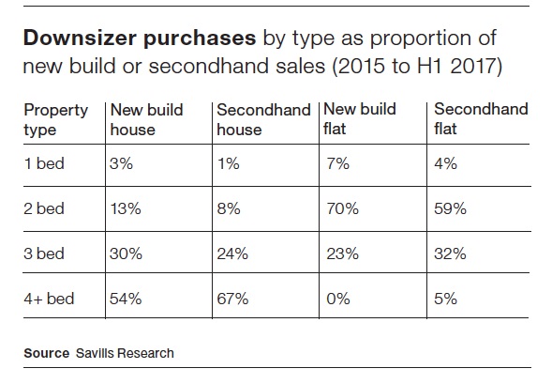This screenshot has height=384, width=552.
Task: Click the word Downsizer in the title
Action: (80, 38)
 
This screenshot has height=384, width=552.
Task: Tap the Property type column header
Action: (55, 120)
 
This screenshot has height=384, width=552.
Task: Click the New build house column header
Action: (146, 119)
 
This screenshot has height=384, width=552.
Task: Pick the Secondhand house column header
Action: (263, 119)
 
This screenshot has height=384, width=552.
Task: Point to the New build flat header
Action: (360, 118)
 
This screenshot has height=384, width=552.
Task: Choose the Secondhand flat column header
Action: (481, 118)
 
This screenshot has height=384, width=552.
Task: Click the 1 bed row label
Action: (44, 163)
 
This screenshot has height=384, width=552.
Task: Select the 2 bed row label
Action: (44, 208)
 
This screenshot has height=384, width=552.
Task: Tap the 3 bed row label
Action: (44, 253)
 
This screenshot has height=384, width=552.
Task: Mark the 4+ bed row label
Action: (49, 299)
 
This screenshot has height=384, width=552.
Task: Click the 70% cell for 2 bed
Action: (342, 208)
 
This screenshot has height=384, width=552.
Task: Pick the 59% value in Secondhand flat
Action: (450, 208)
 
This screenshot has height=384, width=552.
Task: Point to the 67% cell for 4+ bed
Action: (232, 299)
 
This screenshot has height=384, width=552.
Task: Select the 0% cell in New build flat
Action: (338, 299)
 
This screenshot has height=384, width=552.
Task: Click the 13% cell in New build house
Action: (126, 208)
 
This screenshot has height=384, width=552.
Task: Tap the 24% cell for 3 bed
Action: (232, 253)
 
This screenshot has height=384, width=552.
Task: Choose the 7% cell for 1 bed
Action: (338, 163)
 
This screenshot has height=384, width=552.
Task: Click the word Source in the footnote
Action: (47, 353)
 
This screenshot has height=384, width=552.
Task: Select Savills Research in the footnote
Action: (125, 353)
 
